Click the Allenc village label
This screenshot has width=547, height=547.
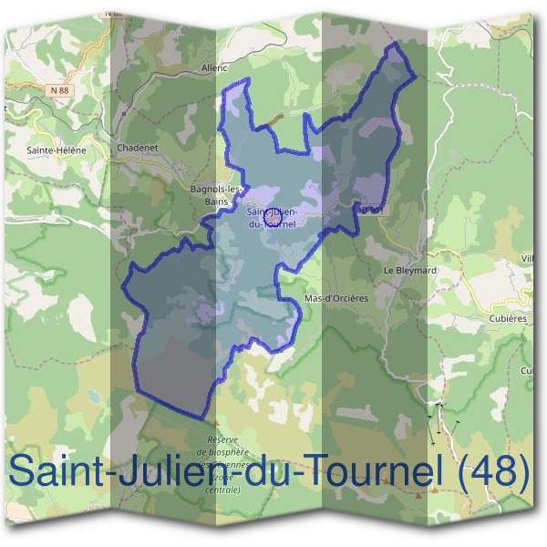point(215,67)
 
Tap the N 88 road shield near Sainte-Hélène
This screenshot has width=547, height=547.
point(59,89)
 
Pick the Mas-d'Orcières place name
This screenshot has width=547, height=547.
point(338,298)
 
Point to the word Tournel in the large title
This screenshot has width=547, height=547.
point(369,471)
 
